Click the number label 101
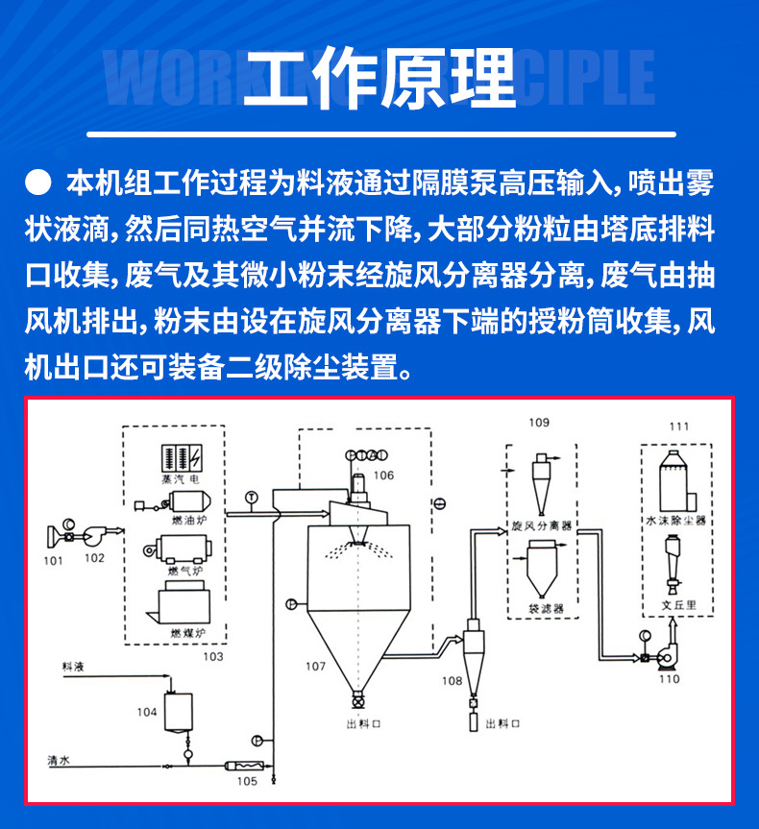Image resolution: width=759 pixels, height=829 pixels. coord(53,560)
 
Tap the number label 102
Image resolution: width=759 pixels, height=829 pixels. coord(94,557)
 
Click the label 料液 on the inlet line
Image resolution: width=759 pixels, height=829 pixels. coord(73,665)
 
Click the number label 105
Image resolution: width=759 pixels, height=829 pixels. coord(247,782)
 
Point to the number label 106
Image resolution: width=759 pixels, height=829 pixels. coord(383,475)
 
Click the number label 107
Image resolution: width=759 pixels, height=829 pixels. coord(316,666)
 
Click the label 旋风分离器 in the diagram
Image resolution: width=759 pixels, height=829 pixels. coord(541,526)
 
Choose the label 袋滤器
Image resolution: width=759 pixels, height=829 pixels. coord(544,608)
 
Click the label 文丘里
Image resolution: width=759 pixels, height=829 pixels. coord(676,607)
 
